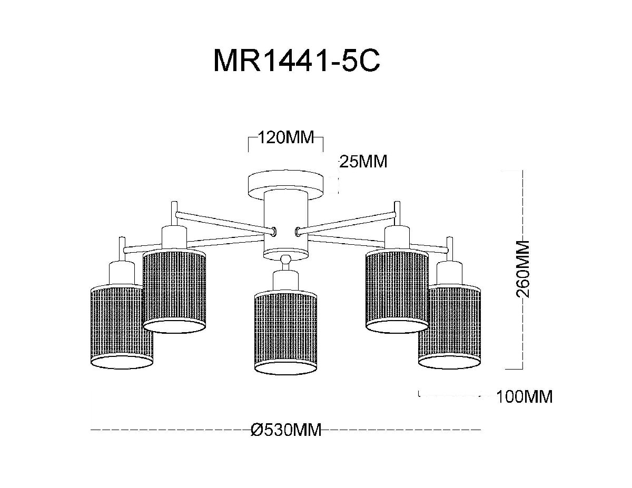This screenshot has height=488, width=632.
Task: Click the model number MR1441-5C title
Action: (296, 62)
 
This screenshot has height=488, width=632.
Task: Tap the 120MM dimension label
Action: (285, 138)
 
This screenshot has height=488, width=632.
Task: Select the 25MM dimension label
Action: (363, 162)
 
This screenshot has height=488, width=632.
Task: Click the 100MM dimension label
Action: (525, 396)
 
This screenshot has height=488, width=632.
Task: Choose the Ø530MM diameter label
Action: (286, 430)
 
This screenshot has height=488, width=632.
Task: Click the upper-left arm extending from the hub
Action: (221, 221)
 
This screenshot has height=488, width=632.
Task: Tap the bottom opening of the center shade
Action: (286, 366)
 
